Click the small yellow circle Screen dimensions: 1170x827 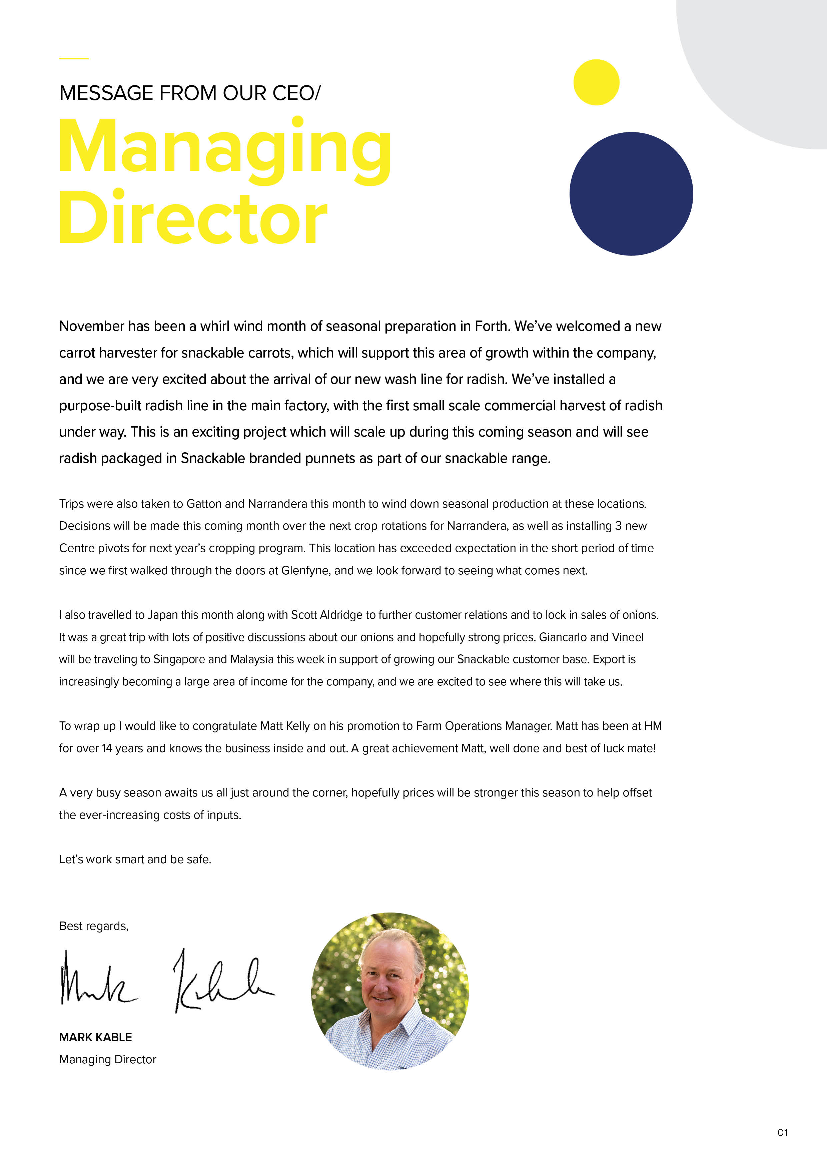coord(596,83)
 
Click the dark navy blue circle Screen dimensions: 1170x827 coord(631,194)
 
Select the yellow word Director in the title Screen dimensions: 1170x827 coord(193,218)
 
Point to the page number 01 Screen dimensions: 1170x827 coord(782,1132)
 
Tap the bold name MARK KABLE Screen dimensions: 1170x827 coord(95,1037)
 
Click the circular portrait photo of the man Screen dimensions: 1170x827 coord(390,991)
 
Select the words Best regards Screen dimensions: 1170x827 coord(94,926)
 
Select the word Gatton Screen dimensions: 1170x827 coord(204,504)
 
